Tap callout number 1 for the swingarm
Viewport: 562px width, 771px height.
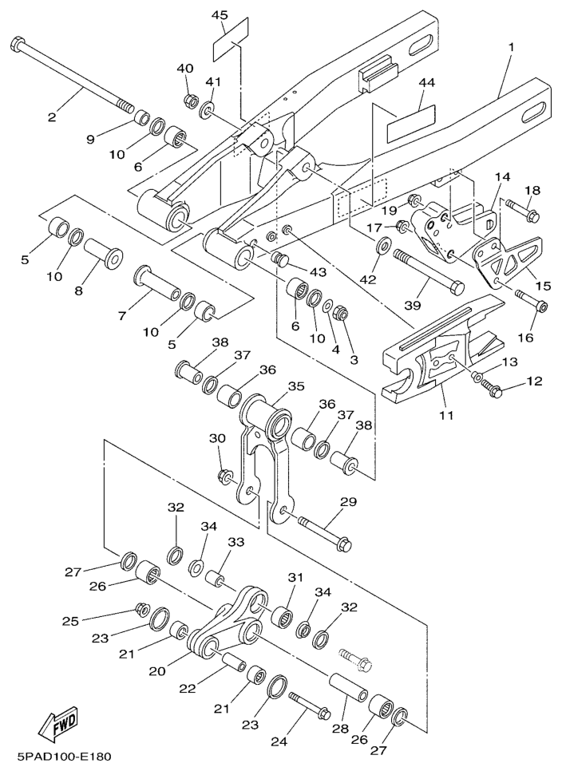click(x=511, y=46)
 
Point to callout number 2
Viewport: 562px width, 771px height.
click(x=52, y=117)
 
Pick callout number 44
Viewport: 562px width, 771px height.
click(x=427, y=82)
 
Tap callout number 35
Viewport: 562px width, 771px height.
click(x=296, y=385)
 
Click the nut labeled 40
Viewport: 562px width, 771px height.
click(x=192, y=101)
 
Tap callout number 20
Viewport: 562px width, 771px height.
click(x=156, y=671)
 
